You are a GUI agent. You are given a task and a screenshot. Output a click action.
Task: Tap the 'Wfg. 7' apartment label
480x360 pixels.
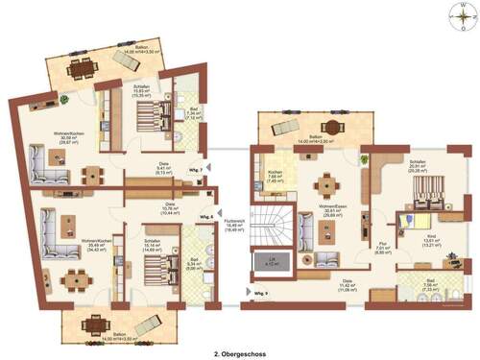[x=195, y=170]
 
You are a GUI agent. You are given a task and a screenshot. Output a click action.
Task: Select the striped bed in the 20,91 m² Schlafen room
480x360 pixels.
[x=416, y=196]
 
